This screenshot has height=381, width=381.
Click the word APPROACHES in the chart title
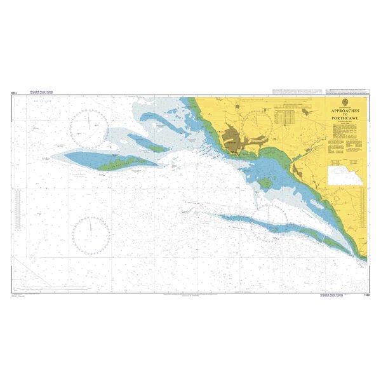(x=344, y=110)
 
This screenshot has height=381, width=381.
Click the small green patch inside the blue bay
(x=265, y=183)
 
